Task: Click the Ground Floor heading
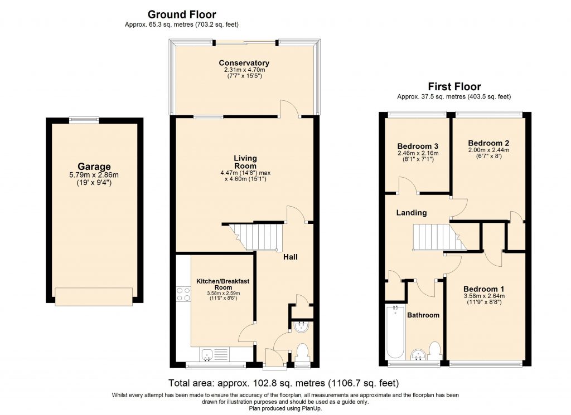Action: coord(181,14)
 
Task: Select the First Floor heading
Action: coord(454,86)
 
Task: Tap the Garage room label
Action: coord(94,166)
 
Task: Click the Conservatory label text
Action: coord(244,63)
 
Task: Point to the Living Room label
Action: coord(245,162)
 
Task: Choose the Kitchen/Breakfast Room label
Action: coord(222,285)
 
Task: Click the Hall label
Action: coord(290,257)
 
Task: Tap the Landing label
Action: coord(412,212)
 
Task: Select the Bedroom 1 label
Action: coord(484,289)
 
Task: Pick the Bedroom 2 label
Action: coord(488,142)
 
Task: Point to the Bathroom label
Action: coord(423,315)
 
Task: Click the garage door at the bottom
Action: coord(94,296)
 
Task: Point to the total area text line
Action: coord(283,383)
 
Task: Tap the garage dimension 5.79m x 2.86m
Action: coord(94,174)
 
